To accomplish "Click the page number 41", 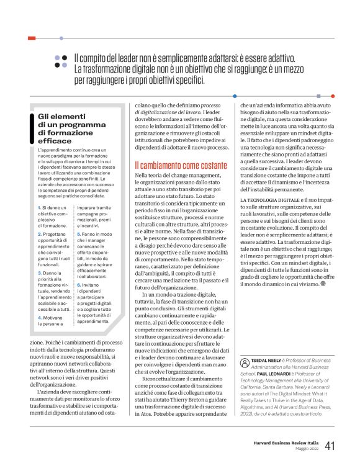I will click(x=330, y=446).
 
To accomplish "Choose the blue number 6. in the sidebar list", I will click(x=79, y=266).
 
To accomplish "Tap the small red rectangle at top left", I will click(x=32, y=38).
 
